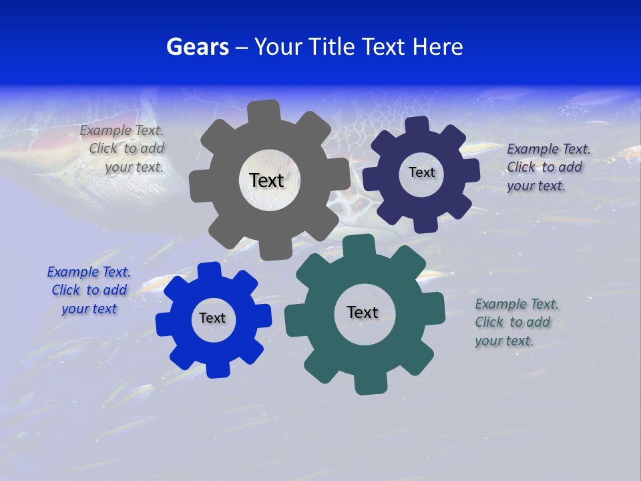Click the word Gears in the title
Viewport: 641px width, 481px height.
198,47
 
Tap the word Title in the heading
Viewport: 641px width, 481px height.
329,47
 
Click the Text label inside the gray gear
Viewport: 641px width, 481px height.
266,180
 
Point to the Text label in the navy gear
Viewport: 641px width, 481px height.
421,172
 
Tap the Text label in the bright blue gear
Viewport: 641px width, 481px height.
212,318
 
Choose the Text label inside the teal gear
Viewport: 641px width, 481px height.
363,312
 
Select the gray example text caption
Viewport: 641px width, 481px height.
123,149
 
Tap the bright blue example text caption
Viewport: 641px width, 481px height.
88,290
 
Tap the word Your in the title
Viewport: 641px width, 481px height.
276,47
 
